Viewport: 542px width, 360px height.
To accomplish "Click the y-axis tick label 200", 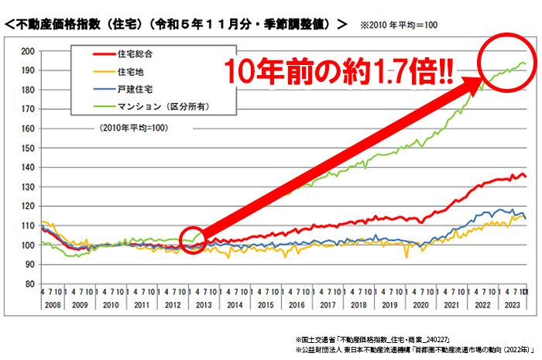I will click(x=27, y=51).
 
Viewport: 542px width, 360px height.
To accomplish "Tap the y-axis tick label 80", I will click(x=29, y=284).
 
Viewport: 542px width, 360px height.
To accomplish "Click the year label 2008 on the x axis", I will click(x=52, y=307).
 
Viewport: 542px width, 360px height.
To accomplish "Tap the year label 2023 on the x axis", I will click(x=511, y=307).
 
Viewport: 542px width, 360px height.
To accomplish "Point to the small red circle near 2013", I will click(x=193, y=242).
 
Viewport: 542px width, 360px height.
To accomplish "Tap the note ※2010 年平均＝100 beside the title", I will click(x=399, y=26).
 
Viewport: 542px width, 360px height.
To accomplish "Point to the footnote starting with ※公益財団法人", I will click(x=410, y=351).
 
